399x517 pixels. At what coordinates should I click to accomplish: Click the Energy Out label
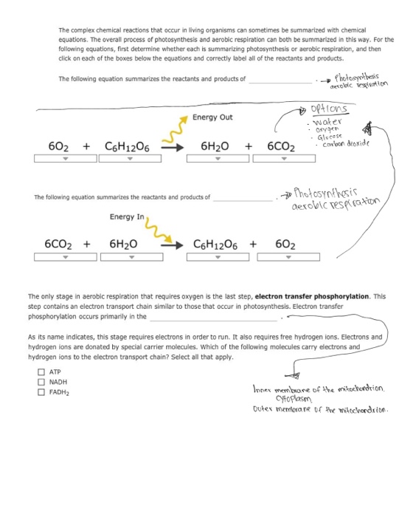[x=212, y=117]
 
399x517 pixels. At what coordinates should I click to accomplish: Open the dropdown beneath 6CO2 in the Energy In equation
[x=65, y=258]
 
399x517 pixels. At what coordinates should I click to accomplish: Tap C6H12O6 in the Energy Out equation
[x=128, y=146]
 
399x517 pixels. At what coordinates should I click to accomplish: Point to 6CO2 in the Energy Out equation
[x=281, y=146]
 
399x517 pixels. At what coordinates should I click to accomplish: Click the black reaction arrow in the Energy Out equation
[x=173, y=147]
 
